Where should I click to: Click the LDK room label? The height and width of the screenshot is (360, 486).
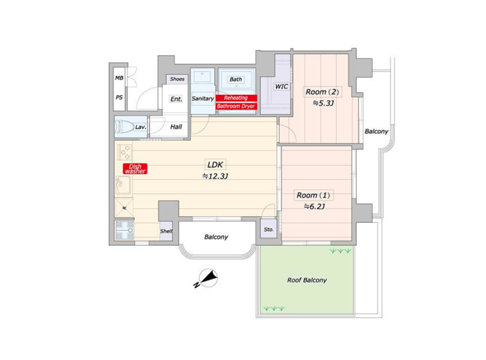[x=215, y=164]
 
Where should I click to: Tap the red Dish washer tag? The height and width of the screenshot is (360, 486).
[x=135, y=169]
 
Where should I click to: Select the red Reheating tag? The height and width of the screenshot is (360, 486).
[x=236, y=98]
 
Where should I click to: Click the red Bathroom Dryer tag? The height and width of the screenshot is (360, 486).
[x=236, y=106]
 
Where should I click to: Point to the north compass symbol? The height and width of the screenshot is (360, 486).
[x=206, y=278]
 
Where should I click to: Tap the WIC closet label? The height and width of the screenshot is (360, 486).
[x=281, y=86]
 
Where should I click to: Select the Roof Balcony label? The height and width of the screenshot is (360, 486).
[x=307, y=280]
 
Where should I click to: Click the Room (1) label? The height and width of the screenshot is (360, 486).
[x=313, y=196]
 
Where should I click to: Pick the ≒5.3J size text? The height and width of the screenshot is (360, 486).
[x=323, y=103]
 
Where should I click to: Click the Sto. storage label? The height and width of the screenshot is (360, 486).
[x=269, y=229]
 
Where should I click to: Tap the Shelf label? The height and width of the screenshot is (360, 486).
[x=166, y=231]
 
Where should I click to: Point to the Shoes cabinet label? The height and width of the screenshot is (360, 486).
[x=177, y=79]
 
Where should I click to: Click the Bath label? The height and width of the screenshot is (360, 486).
[x=236, y=79]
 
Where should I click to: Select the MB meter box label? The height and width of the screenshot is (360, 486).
[x=119, y=78]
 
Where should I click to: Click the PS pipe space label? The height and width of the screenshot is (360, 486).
[x=119, y=97]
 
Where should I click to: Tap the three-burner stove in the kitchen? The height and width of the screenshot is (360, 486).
[x=125, y=152]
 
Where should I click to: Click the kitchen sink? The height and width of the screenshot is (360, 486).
[x=124, y=185]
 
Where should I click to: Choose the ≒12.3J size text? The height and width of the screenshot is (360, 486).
[x=215, y=176]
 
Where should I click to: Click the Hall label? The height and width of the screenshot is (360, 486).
[x=176, y=127]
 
